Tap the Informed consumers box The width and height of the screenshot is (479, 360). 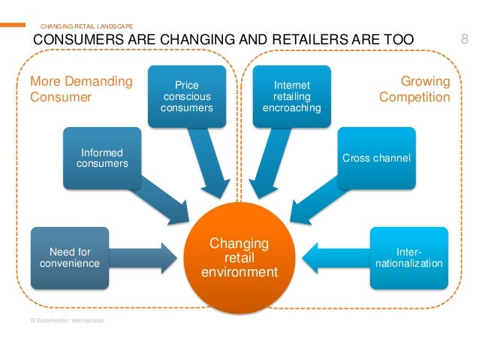103,157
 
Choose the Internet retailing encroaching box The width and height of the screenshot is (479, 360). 292,96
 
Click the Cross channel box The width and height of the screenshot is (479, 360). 375,157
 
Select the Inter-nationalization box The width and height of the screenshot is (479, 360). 409,258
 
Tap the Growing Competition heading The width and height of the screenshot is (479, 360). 414,89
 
